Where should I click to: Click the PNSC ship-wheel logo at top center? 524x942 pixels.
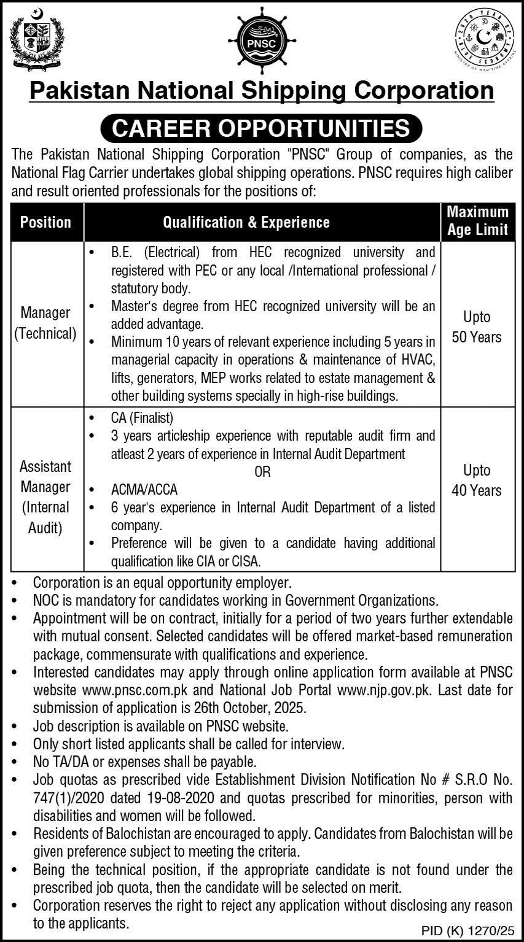tap(262, 42)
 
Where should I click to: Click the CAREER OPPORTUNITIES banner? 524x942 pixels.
tap(262, 128)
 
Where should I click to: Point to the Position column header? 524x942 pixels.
tap(45, 222)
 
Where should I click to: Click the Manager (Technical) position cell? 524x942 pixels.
tap(45, 323)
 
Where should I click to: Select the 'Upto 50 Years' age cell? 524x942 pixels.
tap(477, 326)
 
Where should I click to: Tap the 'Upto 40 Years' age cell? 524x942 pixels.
tap(477, 480)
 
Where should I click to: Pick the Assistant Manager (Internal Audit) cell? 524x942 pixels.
tap(45, 497)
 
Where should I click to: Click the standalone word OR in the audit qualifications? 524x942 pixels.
tap(262, 473)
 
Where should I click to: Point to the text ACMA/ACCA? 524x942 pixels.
tap(144, 490)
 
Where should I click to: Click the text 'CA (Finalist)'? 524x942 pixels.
tap(143, 418)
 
